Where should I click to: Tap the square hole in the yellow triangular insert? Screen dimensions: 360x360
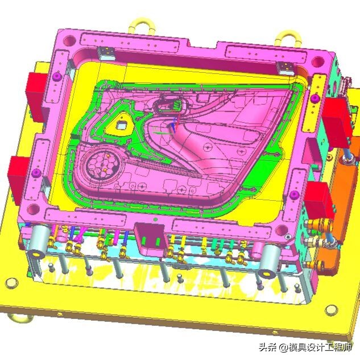click(x=121, y=125)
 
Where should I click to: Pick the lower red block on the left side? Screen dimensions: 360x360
click(x=19, y=179)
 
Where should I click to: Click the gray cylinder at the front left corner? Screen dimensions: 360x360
click(x=38, y=242)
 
